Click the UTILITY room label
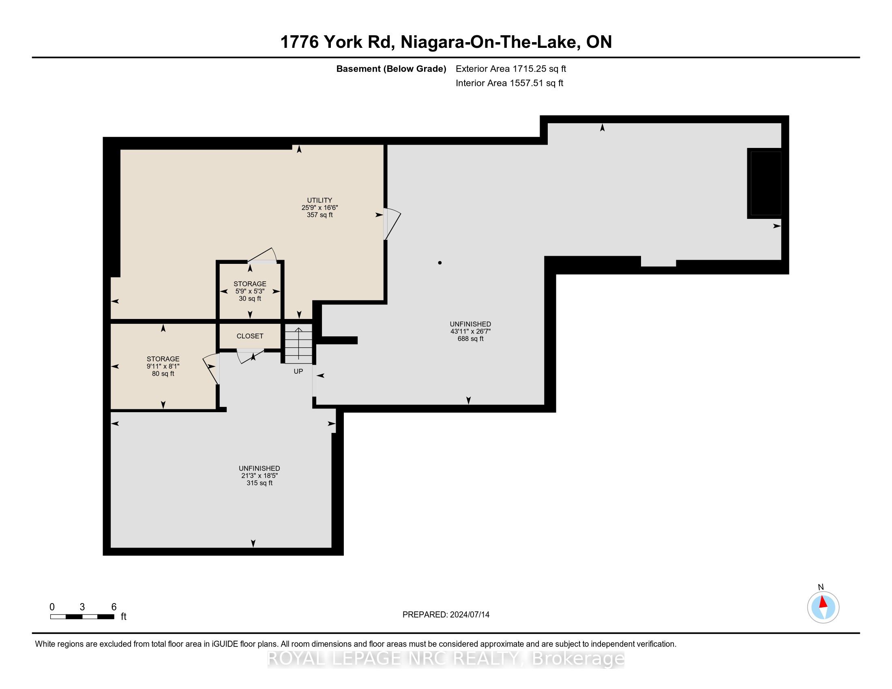(x=319, y=200)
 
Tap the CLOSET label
(x=250, y=336)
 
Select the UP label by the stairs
(x=298, y=371)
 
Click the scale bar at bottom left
(x=82, y=617)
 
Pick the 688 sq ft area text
(x=470, y=338)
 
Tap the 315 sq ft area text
(x=259, y=483)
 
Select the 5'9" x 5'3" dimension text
(x=250, y=291)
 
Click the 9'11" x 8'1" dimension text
(x=163, y=366)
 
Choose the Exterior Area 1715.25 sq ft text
(x=511, y=68)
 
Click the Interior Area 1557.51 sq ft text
(x=509, y=83)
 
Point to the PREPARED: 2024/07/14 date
(x=446, y=614)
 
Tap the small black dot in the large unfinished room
(x=440, y=263)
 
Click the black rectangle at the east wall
(x=764, y=183)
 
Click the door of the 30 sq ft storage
(x=262, y=255)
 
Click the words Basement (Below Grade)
(x=391, y=68)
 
